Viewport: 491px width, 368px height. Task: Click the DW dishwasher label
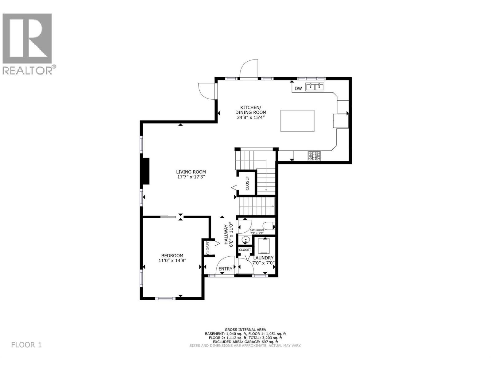click(298, 89)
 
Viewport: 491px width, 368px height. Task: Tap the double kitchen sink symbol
click(315, 87)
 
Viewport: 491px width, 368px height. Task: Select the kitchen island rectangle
click(297, 121)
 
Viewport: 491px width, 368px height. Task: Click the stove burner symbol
click(314, 156)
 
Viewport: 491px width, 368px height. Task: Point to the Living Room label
click(191, 172)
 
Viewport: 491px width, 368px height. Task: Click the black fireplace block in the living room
click(145, 171)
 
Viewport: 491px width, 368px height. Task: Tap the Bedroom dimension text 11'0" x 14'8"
click(172, 260)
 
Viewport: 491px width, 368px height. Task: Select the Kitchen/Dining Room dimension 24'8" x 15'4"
click(250, 117)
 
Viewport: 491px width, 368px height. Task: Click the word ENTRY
click(225, 269)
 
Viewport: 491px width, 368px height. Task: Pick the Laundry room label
click(263, 258)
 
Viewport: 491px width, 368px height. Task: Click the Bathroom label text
click(257, 230)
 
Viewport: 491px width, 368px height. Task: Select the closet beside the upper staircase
click(247, 183)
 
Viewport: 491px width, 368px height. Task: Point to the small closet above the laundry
click(245, 250)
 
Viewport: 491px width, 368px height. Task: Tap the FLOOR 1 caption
click(26, 345)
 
